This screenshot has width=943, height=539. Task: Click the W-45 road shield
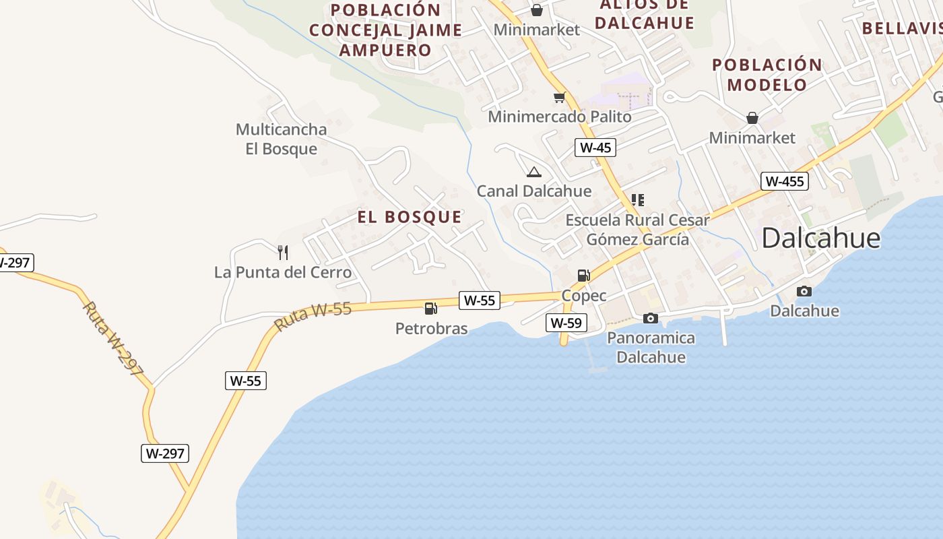click(x=595, y=148)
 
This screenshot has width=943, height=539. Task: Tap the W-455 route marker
click(x=785, y=181)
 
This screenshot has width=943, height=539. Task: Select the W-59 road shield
click(x=566, y=323)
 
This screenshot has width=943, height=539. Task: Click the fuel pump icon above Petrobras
click(x=431, y=309)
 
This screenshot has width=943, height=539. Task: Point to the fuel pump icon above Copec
click(x=584, y=275)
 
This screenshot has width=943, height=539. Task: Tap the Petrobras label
click(x=431, y=329)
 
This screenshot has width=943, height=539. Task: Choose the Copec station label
click(x=584, y=296)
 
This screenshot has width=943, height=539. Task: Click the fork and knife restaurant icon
click(x=283, y=253)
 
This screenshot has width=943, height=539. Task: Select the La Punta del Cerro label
click(x=283, y=272)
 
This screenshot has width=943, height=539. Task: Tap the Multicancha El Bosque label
click(x=281, y=139)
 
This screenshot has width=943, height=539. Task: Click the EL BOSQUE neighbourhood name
click(x=410, y=217)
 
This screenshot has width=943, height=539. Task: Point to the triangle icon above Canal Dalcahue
click(x=534, y=172)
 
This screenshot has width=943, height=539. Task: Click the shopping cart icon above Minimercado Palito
click(x=559, y=98)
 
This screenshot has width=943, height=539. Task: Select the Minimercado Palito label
click(x=560, y=117)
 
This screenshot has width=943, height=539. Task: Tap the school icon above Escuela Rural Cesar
click(x=637, y=200)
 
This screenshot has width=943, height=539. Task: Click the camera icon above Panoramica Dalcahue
click(x=651, y=318)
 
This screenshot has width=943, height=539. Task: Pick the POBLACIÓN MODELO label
click(x=767, y=75)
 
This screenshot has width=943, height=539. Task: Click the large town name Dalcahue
click(x=821, y=239)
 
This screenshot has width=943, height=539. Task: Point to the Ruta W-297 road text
click(x=113, y=338)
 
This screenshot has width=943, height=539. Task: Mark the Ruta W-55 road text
click(x=313, y=317)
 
